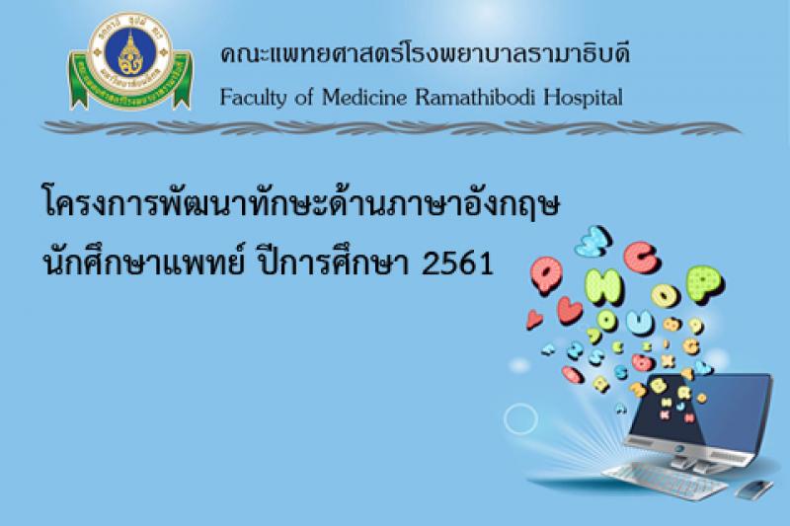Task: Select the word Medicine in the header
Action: (363, 96)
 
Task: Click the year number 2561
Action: (457, 263)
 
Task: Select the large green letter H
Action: (604, 286)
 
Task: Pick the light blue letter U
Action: (639, 321)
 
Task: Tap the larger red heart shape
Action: (570, 310)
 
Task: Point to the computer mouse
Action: (755, 488)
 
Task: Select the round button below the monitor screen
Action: (679, 448)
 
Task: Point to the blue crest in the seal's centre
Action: (130, 52)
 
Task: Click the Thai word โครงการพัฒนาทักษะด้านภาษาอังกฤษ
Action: (301, 204)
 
